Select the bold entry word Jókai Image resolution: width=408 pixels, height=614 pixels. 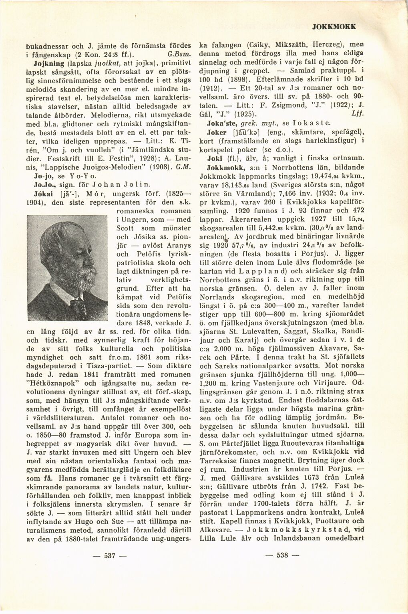coord(41,193)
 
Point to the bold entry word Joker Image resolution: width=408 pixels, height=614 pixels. coord(217,132)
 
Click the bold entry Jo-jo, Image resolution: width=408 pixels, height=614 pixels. coord(43,176)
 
